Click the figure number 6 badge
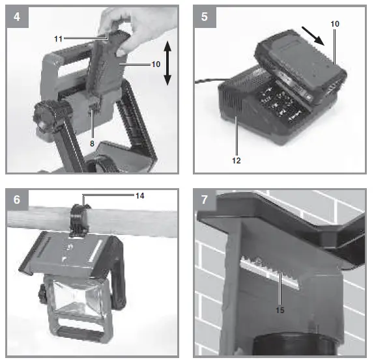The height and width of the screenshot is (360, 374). [x=16, y=200]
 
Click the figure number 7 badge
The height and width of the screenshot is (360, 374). [x=205, y=200]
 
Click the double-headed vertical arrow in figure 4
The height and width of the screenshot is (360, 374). [x=167, y=62]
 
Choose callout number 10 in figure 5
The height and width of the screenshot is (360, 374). [x=335, y=24]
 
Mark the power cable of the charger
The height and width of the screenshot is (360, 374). [x=207, y=81]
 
